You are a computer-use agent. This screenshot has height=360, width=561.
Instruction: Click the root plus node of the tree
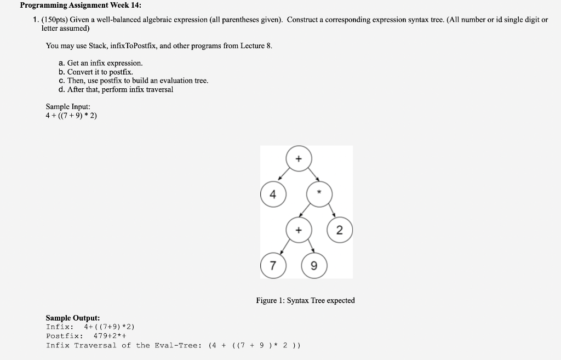[x=298, y=159]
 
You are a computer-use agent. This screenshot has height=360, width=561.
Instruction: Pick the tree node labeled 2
[x=339, y=230]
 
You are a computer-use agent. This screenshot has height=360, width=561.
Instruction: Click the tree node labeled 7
[x=272, y=266]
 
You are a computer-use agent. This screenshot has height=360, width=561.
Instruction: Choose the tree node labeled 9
[x=313, y=266]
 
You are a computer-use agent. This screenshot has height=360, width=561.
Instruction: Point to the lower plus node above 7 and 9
[x=298, y=230]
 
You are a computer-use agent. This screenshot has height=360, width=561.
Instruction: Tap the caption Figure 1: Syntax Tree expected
[x=305, y=300]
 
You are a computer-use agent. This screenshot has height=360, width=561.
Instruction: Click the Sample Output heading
[x=72, y=318]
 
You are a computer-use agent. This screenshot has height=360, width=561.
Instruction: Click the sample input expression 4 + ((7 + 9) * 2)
[x=71, y=116]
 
